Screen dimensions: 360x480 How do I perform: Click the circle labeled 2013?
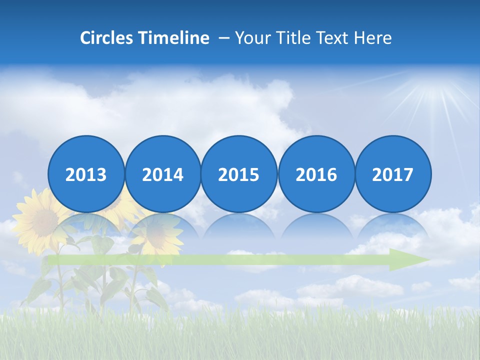pyautogui.click(x=86, y=174)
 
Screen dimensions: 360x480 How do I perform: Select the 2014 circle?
pyautogui.click(x=162, y=174)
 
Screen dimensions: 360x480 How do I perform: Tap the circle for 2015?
pyautogui.click(x=239, y=174)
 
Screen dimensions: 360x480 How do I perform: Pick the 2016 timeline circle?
pyautogui.click(x=316, y=174)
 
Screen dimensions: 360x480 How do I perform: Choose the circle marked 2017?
pyautogui.click(x=392, y=174)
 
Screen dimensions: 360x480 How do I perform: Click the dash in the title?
pyautogui.click(x=223, y=38)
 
